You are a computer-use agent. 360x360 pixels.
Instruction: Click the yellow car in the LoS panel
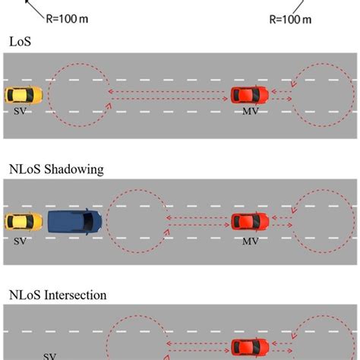point(24,95)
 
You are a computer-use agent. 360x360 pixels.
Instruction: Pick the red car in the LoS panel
point(250,95)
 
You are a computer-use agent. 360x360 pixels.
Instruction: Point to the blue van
point(74,221)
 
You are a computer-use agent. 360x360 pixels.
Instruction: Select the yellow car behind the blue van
point(24,222)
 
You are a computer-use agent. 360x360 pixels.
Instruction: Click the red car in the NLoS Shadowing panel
point(250,222)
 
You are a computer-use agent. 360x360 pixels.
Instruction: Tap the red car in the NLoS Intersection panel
point(250,347)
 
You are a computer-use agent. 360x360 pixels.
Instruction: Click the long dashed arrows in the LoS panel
point(169,95)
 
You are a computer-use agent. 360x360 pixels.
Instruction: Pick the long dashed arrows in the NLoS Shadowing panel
point(197,222)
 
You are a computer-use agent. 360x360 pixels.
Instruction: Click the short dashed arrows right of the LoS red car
point(281,95)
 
